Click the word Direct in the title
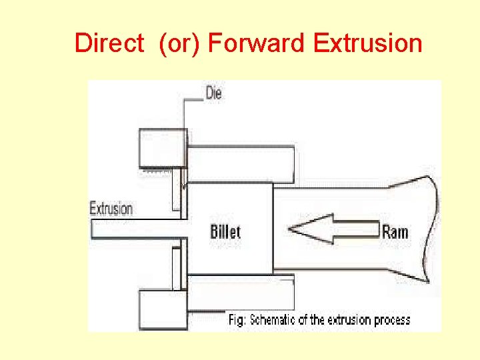click(109, 43)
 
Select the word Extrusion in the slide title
click(367, 43)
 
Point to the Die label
click(213, 93)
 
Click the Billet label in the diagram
click(225, 232)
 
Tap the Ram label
click(395, 232)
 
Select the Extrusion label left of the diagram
click(111, 208)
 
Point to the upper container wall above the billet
click(241, 164)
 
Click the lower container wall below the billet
click(241, 292)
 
